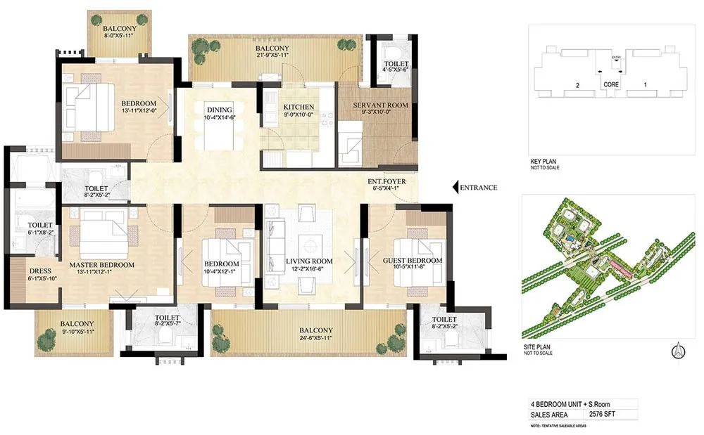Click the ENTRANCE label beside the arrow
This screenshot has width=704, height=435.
tap(479, 188)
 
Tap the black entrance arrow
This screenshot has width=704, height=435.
tap(455, 188)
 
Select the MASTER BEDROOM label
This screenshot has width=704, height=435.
tap(101, 265)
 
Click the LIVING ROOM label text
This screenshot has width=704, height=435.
tap(310, 261)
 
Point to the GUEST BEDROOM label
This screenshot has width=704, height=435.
tap(413, 261)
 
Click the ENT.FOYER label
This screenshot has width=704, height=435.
tap(386, 181)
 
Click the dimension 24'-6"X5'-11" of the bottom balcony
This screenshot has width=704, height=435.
tap(315, 338)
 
